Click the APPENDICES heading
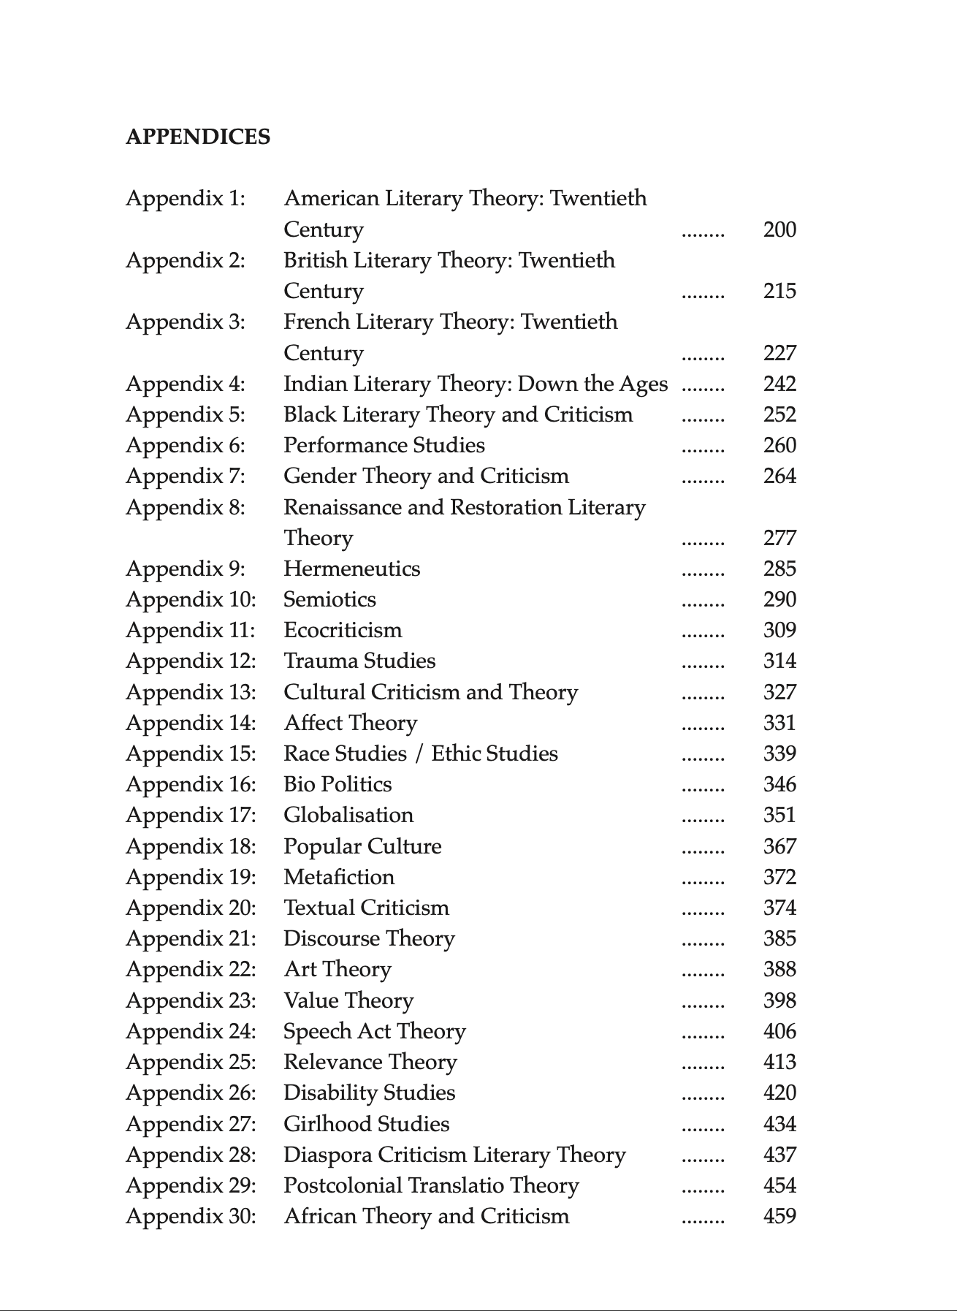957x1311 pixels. click(198, 137)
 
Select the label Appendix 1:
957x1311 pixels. click(186, 198)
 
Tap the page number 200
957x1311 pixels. click(779, 229)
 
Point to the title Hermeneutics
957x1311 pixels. click(351, 569)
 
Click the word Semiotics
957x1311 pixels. click(329, 599)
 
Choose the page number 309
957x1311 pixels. click(779, 630)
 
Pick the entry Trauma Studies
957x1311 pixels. click(359, 661)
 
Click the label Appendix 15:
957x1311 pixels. click(191, 753)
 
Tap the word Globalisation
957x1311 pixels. click(348, 815)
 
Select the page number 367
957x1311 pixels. click(779, 846)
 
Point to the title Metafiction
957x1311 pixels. click(339, 877)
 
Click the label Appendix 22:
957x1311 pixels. click(191, 969)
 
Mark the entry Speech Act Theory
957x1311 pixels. click(374, 1031)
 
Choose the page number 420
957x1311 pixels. click(779, 1092)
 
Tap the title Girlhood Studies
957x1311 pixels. click(366, 1124)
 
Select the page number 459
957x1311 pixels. click(779, 1216)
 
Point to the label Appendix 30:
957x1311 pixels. click(191, 1216)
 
